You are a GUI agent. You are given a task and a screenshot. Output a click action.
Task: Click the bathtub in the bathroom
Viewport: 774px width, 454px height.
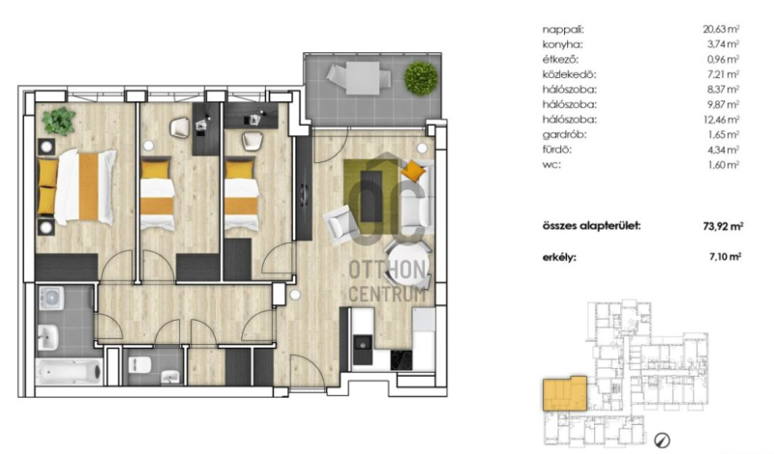[69, 371]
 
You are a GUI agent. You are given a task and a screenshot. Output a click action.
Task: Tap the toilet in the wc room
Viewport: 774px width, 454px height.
[139, 365]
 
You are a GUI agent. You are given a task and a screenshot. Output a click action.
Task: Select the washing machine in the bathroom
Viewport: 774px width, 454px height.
[51, 298]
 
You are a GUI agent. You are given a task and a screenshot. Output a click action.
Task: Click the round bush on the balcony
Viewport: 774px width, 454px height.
[421, 77]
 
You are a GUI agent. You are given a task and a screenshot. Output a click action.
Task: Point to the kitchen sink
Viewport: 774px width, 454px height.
[363, 343]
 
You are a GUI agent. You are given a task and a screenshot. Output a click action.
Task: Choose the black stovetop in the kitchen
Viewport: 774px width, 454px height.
[402, 360]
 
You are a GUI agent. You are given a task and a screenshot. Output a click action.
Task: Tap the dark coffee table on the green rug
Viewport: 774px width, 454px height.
[372, 196]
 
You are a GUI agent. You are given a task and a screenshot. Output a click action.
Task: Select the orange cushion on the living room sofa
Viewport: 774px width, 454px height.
[413, 171]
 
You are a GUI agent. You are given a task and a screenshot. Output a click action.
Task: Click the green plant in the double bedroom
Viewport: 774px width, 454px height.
[59, 121]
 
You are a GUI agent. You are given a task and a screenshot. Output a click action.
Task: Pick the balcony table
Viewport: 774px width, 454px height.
[362, 77]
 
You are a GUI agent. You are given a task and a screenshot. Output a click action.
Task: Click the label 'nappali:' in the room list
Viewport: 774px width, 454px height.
[563, 30]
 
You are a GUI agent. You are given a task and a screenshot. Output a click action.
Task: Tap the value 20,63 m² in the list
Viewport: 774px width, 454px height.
[721, 29]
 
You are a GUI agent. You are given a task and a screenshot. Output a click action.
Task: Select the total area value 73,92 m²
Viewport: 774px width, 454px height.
[723, 226]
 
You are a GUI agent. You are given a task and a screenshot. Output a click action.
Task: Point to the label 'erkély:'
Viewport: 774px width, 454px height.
[559, 257]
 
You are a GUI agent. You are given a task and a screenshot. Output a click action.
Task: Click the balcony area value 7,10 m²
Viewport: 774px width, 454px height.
[725, 256]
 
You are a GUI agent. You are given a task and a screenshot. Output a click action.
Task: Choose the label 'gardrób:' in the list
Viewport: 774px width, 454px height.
[564, 134]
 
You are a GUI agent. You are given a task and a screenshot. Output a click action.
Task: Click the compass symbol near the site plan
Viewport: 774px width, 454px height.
[662, 440]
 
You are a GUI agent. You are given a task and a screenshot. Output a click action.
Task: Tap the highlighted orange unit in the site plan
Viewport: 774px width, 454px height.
[565, 393]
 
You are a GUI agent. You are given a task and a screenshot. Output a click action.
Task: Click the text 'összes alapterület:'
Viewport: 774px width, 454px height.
[591, 226]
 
